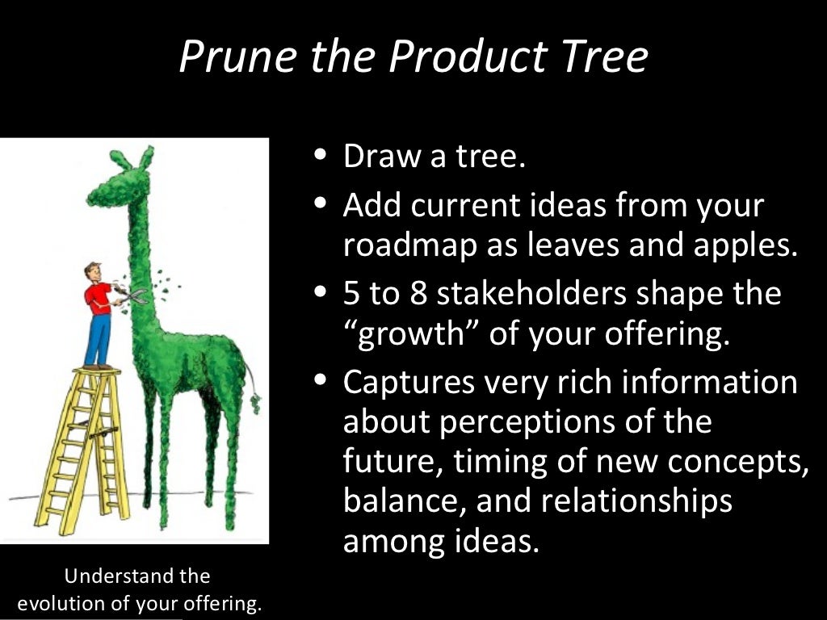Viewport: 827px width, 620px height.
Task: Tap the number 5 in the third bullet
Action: [x=353, y=293]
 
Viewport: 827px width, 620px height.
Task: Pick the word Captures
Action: [x=408, y=383]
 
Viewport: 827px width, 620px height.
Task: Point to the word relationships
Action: [x=636, y=501]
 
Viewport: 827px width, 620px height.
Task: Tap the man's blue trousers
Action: [x=98, y=339]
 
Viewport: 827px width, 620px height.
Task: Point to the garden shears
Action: [x=132, y=295]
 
